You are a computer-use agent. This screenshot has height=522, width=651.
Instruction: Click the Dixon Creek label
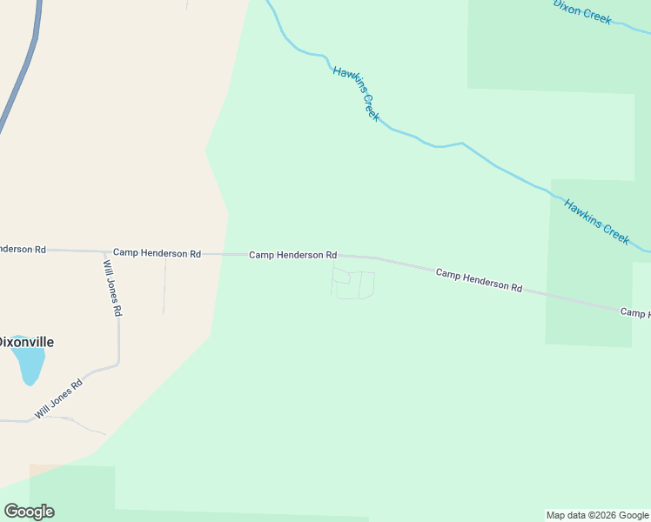[582, 10]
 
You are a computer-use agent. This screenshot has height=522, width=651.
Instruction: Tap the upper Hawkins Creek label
[356, 94]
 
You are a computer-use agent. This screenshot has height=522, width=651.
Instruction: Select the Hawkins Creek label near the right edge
[596, 222]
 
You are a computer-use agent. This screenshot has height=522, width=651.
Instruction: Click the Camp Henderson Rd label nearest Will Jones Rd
[157, 253]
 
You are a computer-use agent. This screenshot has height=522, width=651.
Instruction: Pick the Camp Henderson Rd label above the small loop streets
[292, 255]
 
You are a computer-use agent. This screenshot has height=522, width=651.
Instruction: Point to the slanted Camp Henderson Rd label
[479, 280]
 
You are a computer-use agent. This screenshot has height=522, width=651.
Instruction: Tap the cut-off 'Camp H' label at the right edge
[635, 311]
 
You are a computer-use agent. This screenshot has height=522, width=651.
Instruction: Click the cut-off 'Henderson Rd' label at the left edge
[22, 249]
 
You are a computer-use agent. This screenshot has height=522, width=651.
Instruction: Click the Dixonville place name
[26, 342]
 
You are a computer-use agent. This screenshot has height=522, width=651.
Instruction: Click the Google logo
[29, 511]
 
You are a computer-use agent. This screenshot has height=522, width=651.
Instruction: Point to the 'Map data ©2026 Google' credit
[597, 515]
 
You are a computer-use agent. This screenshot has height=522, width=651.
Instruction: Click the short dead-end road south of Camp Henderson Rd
[164, 287]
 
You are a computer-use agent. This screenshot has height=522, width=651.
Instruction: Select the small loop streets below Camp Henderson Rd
[352, 284]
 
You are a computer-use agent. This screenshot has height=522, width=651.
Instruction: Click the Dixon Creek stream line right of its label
[631, 24]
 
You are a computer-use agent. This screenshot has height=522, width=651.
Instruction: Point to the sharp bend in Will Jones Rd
[117, 364]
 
